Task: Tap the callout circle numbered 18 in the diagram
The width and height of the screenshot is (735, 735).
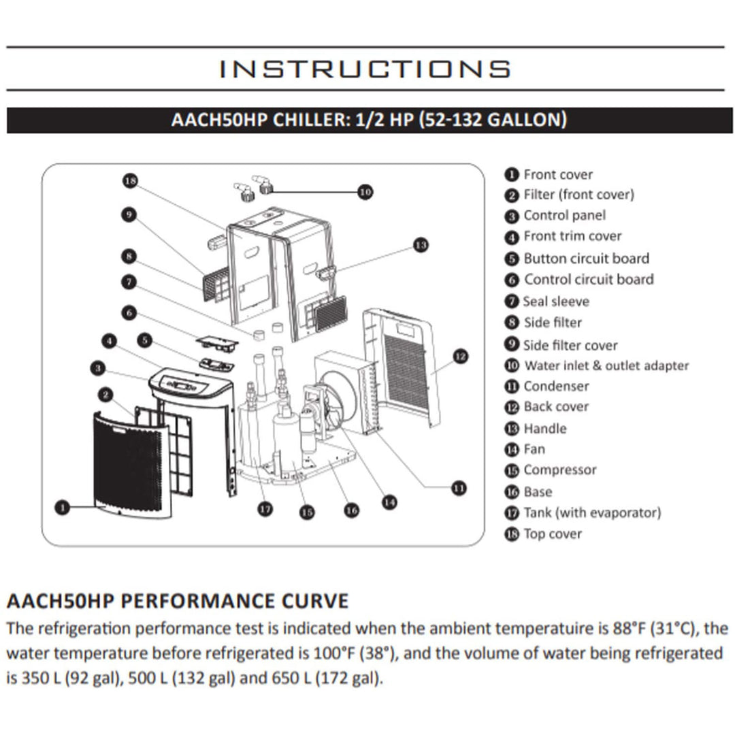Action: click(131, 180)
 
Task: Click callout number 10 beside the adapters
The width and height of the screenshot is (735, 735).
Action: click(365, 192)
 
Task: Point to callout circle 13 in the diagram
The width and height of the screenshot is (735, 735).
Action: click(421, 244)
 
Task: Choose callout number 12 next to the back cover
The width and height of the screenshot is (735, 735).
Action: click(461, 356)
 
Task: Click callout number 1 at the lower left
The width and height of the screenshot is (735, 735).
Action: click(63, 507)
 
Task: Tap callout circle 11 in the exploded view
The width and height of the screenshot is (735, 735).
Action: click(459, 487)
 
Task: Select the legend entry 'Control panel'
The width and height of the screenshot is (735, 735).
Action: click(563, 216)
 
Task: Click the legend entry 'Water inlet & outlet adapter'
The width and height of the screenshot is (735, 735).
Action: click(606, 365)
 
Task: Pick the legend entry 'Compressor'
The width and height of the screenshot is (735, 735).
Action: click(559, 470)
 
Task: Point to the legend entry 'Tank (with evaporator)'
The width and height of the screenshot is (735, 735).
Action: click(591, 512)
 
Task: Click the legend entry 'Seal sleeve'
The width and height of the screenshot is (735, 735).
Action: click(556, 301)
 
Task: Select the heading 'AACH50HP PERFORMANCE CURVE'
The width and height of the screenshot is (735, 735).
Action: click(177, 602)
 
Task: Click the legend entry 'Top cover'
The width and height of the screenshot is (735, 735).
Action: click(552, 534)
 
